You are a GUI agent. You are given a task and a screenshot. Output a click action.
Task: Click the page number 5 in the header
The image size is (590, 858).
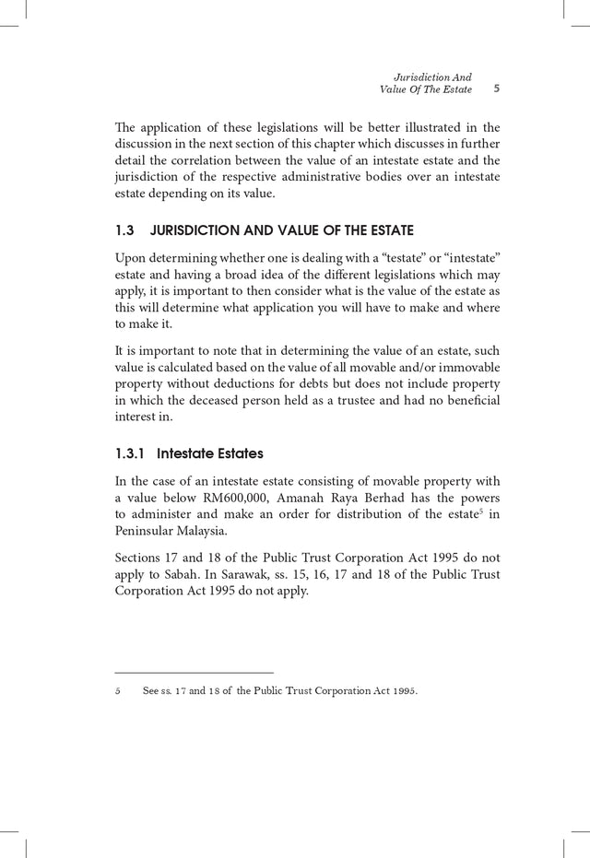pos(496,89)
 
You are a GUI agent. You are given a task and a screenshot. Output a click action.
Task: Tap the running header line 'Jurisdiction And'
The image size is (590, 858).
pos(432,76)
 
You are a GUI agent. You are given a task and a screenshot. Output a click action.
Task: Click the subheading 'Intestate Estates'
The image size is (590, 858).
pos(210,453)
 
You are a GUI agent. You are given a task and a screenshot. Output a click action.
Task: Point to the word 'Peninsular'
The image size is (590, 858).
pos(143,533)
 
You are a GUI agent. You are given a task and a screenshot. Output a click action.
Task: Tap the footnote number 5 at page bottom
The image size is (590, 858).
pos(118,691)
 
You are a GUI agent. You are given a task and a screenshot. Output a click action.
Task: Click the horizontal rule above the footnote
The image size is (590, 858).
pos(194,673)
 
